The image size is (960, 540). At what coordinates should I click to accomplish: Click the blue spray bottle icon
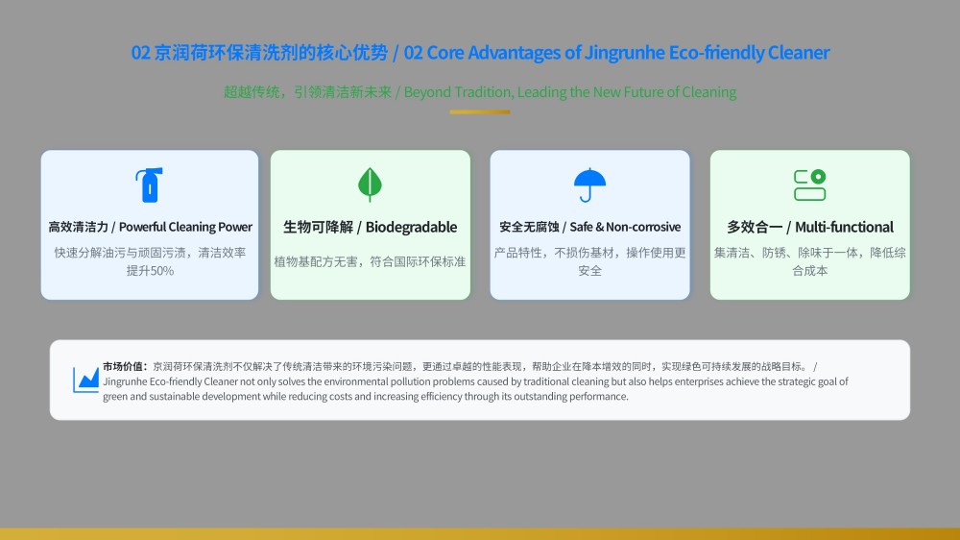tap(150, 184)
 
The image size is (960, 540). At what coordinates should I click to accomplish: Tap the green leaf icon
tap(370, 184)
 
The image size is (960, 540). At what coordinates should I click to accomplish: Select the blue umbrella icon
tap(589, 184)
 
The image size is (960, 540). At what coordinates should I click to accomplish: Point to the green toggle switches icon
tap(810, 185)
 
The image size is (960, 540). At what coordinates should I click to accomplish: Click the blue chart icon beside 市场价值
tap(85, 380)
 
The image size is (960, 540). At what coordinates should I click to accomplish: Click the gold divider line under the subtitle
tap(480, 111)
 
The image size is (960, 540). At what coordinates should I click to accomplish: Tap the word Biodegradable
tap(412, 228)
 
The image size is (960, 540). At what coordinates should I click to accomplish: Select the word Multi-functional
tap(844, 228)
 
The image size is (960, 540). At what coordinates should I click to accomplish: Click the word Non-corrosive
tap(643, 227)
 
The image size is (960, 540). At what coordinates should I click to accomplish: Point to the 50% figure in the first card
tap(162, 271)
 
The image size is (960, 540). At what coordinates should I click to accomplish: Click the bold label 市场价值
tap(123, 366)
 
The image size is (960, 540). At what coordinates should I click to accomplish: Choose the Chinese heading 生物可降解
tap(319, 228)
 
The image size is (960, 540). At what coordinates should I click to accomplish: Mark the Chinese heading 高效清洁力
tap(79, 227)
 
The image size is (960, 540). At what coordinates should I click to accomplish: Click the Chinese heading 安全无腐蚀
tap(529, 227)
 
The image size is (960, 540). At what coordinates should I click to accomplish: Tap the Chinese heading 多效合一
tap(755, 228)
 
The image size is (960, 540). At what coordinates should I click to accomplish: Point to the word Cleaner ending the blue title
tap(799, 53)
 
